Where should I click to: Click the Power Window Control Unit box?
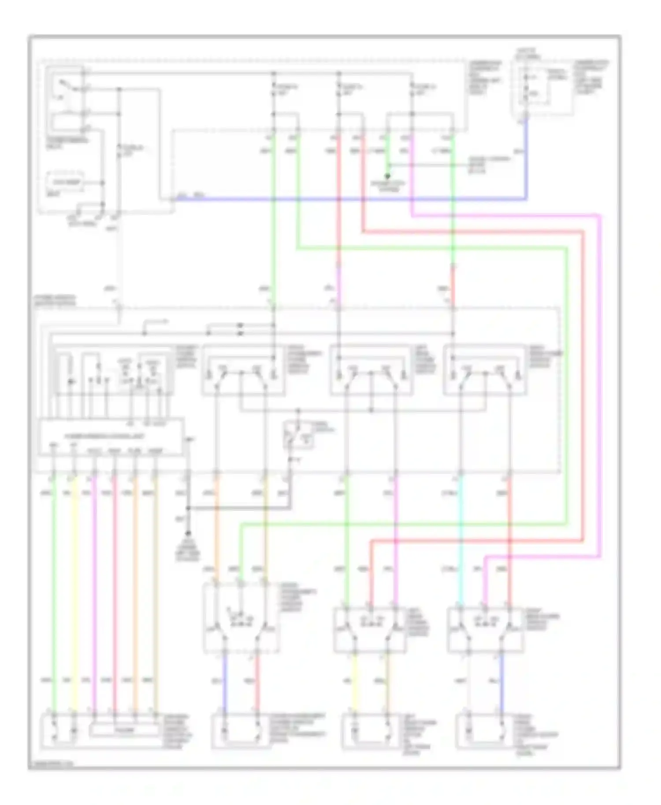point(110,437)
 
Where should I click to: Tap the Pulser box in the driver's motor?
point(124,730)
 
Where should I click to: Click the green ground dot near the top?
point(388,177)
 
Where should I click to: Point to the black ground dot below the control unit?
point(188,533)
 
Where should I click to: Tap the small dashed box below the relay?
point(65,182)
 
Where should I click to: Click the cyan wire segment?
point(460,542)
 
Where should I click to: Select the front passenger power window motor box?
point(241,731)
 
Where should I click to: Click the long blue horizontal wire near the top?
point(353,199)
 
